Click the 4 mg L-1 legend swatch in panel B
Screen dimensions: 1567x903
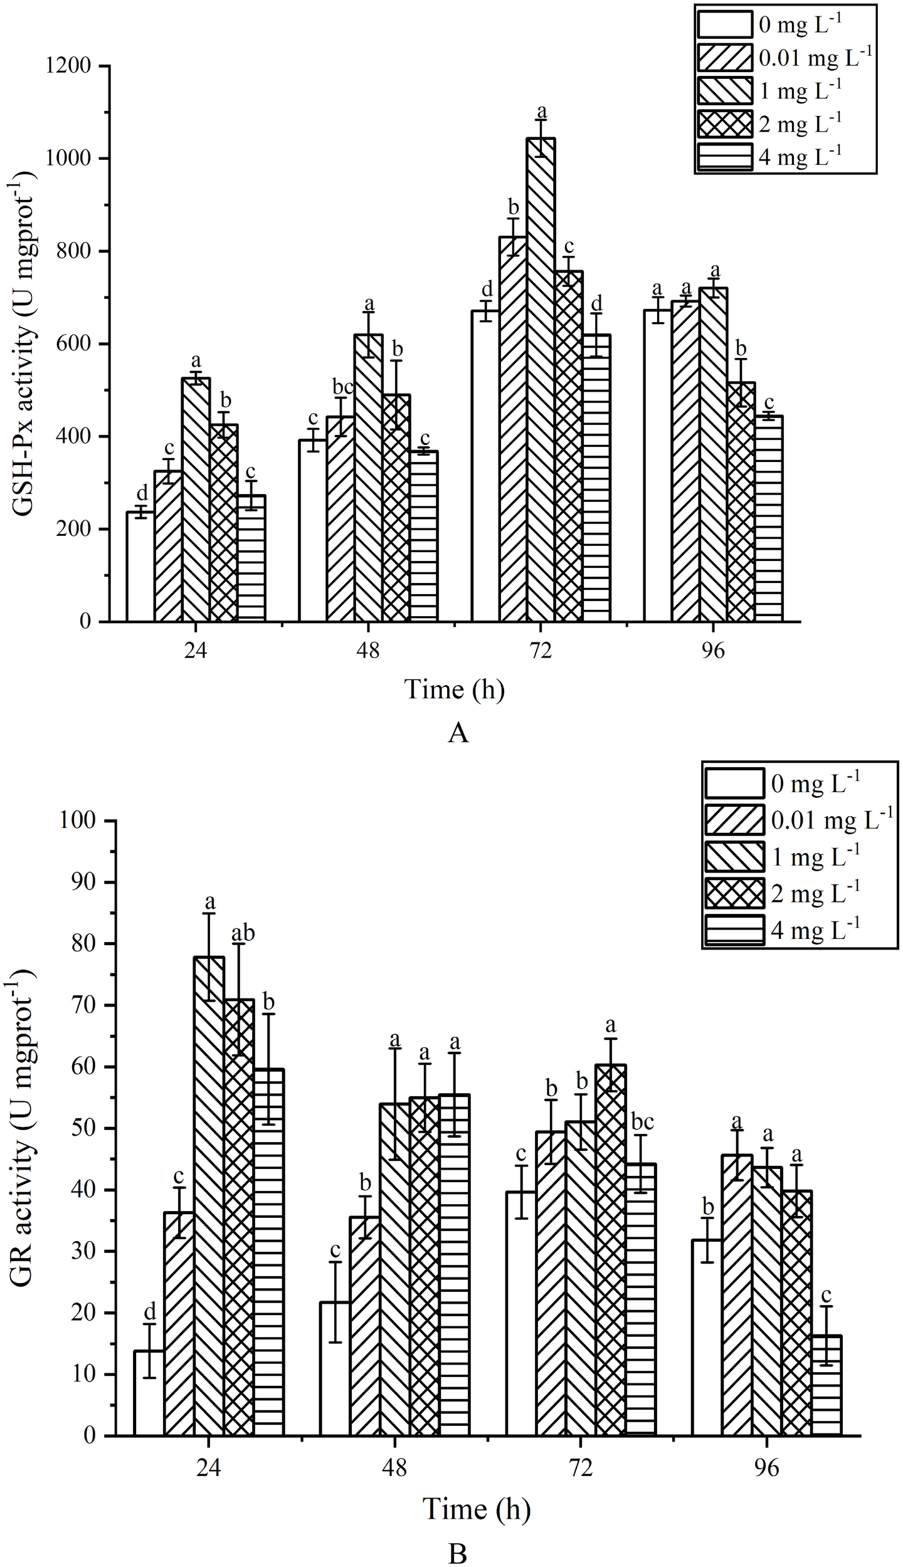pos(734,1118)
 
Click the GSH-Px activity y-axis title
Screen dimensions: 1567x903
pos(24,343)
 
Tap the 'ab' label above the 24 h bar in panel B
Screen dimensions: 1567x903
pos(243,933)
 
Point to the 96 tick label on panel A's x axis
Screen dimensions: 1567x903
pos(713,651)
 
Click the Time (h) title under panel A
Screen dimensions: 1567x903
pos(455,689)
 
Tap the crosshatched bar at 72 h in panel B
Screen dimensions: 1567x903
pos(611,1241)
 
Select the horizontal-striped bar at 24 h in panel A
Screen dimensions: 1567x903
pos(251,558)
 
